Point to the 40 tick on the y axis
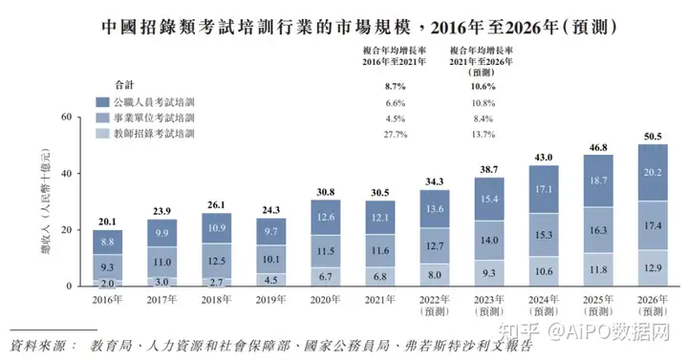point(67,174)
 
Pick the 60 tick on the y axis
point(67,117)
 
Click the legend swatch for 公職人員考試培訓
point(102,100)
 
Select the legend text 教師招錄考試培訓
point(154,134)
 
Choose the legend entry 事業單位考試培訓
point(154,117)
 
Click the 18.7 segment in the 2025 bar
point(598,181)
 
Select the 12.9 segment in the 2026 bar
point(653,268)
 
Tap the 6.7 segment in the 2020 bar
point(326,277)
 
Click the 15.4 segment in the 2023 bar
point(489,199)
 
